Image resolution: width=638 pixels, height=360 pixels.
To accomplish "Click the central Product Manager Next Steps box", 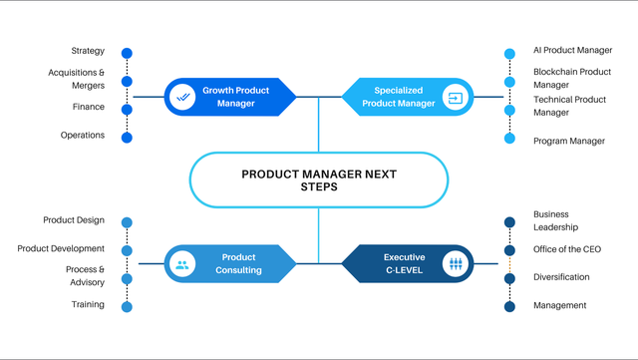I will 318,180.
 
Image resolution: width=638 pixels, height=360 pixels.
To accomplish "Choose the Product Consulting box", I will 230,264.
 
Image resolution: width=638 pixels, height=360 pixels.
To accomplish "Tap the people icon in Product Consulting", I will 182,264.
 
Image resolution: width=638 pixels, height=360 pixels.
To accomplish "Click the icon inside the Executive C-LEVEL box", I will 455,264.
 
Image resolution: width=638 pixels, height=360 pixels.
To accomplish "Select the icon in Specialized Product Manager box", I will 455,98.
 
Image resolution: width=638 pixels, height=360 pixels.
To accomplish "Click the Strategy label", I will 88,51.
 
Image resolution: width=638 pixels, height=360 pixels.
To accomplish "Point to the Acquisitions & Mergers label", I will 76,79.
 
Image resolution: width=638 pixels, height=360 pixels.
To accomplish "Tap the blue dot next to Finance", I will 127,109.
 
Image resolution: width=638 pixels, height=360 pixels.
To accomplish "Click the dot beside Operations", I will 127,138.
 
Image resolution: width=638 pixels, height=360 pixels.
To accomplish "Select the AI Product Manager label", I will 572,50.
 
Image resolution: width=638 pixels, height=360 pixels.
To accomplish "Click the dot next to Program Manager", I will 509,139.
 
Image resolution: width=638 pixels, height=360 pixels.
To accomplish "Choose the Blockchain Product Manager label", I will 571,78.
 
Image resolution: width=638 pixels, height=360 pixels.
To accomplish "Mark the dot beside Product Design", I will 127,222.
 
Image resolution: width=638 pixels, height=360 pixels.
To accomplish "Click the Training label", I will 88,304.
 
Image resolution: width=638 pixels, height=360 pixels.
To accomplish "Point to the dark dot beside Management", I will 509,307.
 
